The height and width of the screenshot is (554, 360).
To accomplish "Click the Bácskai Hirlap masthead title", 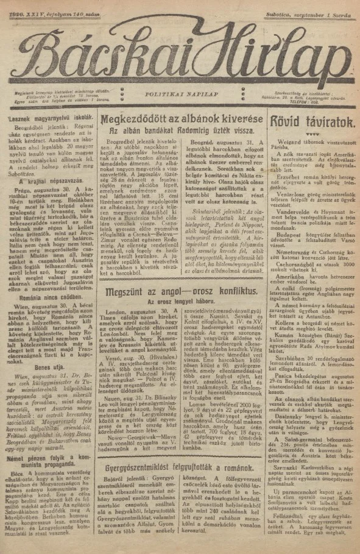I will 180,51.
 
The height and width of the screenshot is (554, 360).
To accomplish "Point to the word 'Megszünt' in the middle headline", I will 126,293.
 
